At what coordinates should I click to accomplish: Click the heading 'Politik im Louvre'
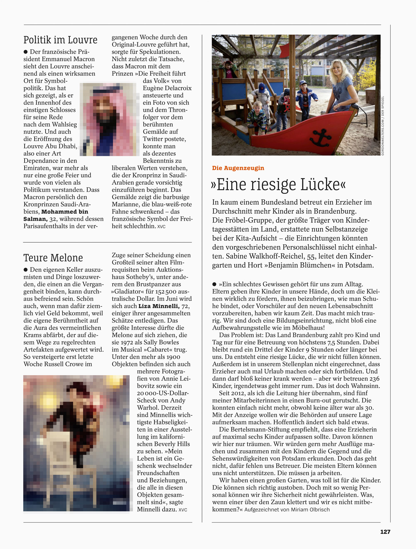[x=60, y=40]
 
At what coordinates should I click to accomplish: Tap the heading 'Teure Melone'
[x=53, y=258]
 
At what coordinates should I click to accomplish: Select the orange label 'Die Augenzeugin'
[x=238, y=168]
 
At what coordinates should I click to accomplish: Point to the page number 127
[x=385, y=532]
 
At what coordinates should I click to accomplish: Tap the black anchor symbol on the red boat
[x=320, y=137]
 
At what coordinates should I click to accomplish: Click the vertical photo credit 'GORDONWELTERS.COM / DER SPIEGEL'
[x=383, y=126]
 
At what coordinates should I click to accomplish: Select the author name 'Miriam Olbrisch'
[x=310, y=510]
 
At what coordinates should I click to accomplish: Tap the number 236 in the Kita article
[x=374, y=379]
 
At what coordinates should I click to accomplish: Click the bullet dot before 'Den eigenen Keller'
[x=26, y=270]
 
